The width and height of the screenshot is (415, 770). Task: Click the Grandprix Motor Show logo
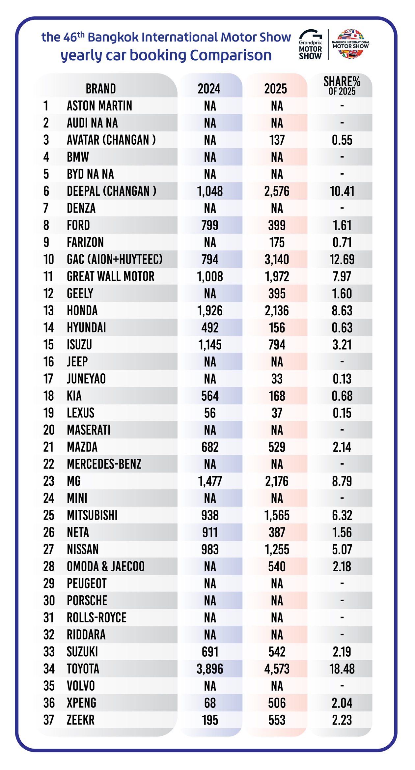click(310, 45)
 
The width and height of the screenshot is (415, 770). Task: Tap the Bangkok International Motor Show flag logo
click(350, 44)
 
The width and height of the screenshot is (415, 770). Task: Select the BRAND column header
click(101, 89)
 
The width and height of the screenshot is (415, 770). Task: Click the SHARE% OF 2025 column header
click(342, 86)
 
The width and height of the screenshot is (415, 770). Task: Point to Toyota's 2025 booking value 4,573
click(277, 669)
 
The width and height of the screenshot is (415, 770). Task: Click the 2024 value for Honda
click(210, 311)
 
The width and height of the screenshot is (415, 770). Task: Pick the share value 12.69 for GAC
click(342, 260)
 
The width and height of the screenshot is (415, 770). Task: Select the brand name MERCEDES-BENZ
click(104, 464)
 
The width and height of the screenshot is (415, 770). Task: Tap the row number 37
click(49, 720)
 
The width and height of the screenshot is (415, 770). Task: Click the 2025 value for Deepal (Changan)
click(277, 191)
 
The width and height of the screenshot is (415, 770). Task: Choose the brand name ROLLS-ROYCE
click(97, 618)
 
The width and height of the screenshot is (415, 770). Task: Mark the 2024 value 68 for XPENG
click(210, 703)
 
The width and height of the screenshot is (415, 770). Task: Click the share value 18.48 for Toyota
click(342, 669)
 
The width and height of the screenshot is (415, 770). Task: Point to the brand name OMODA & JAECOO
click(106, 567)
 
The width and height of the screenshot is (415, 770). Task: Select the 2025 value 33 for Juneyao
click(277, 379)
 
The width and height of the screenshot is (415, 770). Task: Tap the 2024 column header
click(209, 89)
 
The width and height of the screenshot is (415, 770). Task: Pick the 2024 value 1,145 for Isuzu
click(210, 345)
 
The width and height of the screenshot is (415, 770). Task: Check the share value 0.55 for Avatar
click(342, 140)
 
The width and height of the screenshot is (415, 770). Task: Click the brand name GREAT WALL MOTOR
click(111, 277)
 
